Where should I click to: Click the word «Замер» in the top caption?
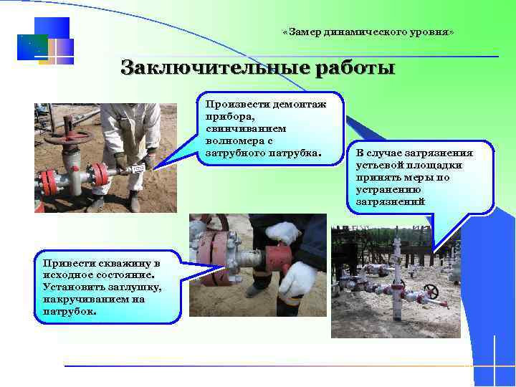[x=305, y=34]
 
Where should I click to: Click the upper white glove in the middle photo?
[x=283, y=232]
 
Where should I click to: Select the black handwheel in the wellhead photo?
[x=431, y=291]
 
